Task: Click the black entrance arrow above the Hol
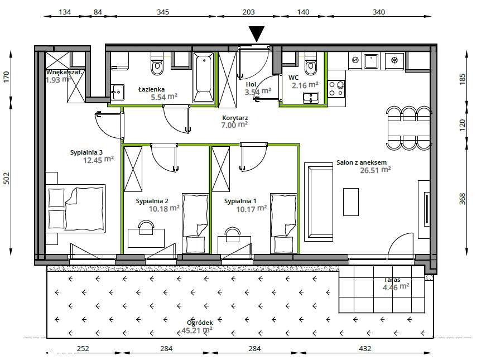click(x=257, y=33)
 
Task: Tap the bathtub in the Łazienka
click(x=204, y=78)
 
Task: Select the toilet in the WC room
click(x=311, y=64)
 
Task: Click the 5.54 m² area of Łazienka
click(x=164, y=97)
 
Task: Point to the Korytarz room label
click(x=235, y=118)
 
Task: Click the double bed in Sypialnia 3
click(x=76, y=208)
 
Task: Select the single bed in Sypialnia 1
click(x=283, y=223)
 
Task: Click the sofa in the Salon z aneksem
click(x=319, y=202)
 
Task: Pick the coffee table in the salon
click(x=351, y=202)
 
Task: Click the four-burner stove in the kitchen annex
click(x=336, y=89)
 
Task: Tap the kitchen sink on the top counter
click(x=371, y=61)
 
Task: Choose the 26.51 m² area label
click(x=376, y=170)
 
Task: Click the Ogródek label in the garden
click(x=200, y=323)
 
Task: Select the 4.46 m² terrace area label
click(x=396, y=287)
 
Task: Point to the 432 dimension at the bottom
click(x=365, y=348)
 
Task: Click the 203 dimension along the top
click(x=249, y=12)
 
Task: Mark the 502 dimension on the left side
click(x=7, y=178)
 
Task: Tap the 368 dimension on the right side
click(x=462, y=199)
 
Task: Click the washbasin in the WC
click(x=311, y=98)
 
